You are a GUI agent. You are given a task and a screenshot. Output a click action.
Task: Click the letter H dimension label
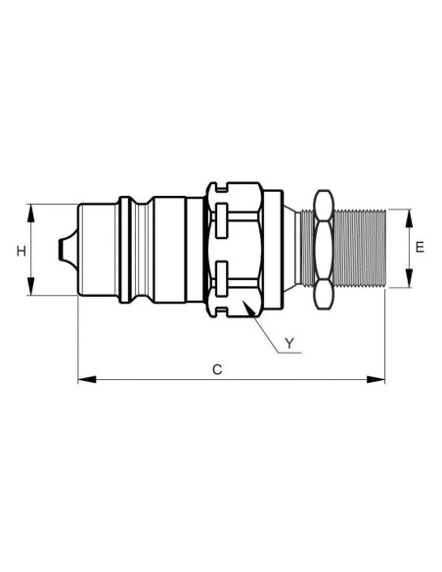pyautogui.click(x=21, y=251)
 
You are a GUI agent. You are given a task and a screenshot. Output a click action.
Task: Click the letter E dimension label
pyautogui.click(x=420, y=249)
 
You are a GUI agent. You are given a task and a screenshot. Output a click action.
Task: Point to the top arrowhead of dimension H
pyautogui.click(x=32, y=210)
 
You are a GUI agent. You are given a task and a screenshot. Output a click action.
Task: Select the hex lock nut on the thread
pyautogui.click(x=322, y=249)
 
